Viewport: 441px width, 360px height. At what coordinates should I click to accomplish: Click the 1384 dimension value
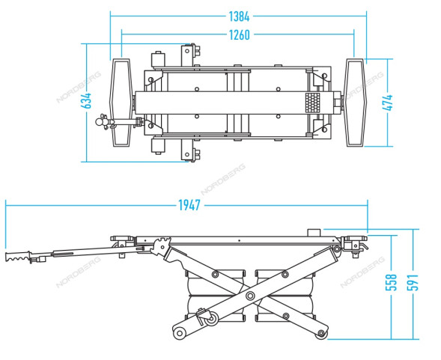coord(239,16)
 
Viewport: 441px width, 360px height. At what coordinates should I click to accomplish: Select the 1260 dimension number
coord(239,35)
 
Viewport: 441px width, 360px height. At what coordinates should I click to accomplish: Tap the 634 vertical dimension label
coord(86,101)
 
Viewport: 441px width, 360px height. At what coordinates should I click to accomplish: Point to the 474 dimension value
coord(388,103)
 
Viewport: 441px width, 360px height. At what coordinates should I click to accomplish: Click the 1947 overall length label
coord(189,205)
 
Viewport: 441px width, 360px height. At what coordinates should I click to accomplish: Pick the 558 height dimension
coord(391,282)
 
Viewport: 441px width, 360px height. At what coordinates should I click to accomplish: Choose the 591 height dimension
coord(413,282)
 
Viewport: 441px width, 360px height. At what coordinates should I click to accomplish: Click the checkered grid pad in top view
coord(313,103)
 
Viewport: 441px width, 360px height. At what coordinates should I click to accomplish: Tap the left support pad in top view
coord(121,103)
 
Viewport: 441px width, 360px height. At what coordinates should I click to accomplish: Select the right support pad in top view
coord(355,103)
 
